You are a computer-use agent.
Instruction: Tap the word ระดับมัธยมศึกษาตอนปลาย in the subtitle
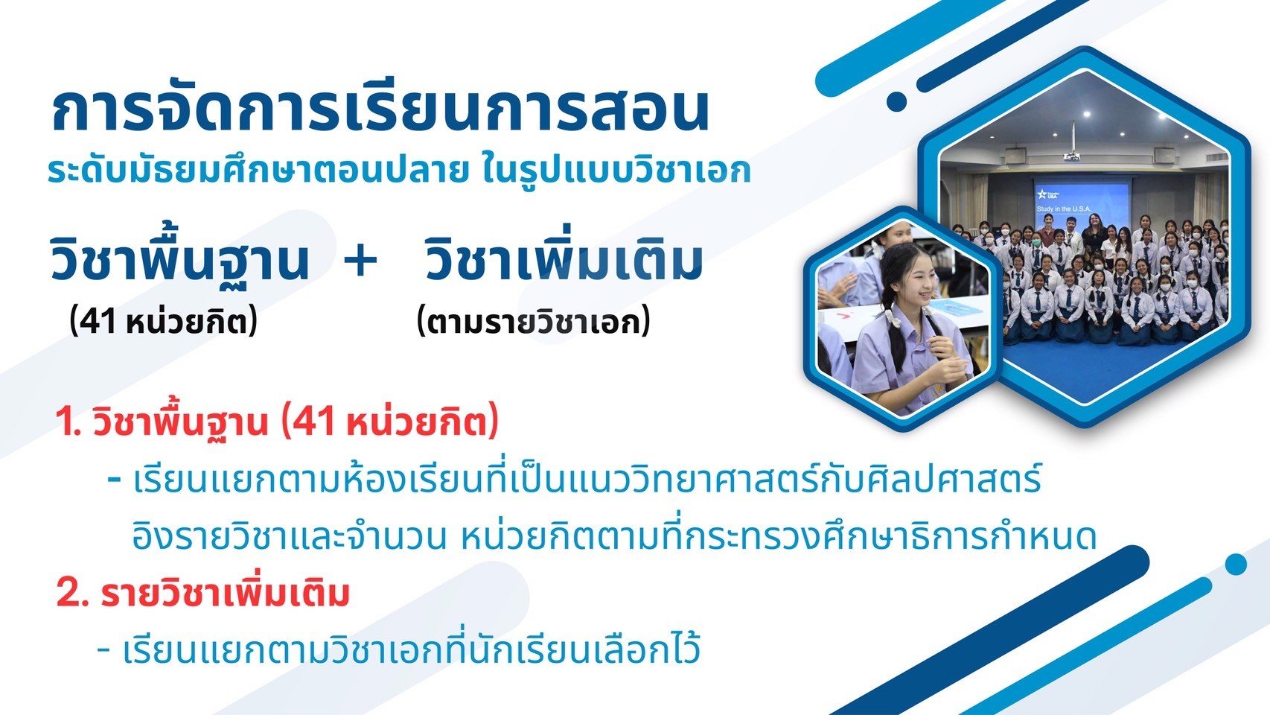coord(255,171)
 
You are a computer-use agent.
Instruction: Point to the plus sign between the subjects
coord(361,261)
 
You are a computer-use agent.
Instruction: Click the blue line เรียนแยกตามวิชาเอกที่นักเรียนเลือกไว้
coord(412,650)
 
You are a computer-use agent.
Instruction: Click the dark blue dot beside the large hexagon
coord(896,101)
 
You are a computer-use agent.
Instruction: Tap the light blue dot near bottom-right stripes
coord(1236,564)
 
